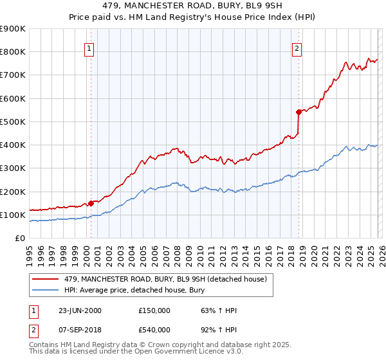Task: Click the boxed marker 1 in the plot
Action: point(88,48)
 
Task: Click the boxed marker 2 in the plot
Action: point(297,48)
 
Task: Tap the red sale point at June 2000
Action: point(91,203)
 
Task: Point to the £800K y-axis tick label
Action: point(13,52)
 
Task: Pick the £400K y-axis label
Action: point(13,145)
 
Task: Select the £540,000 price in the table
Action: point(154,330)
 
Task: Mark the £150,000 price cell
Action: point(154,310)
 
